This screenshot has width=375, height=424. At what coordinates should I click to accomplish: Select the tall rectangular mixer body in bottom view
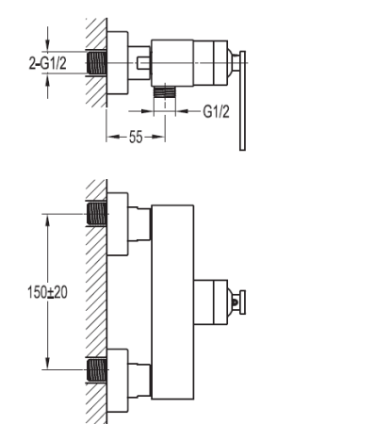click(x=172, y=298)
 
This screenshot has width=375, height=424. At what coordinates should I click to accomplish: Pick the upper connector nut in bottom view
click(x=139, y=221)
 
